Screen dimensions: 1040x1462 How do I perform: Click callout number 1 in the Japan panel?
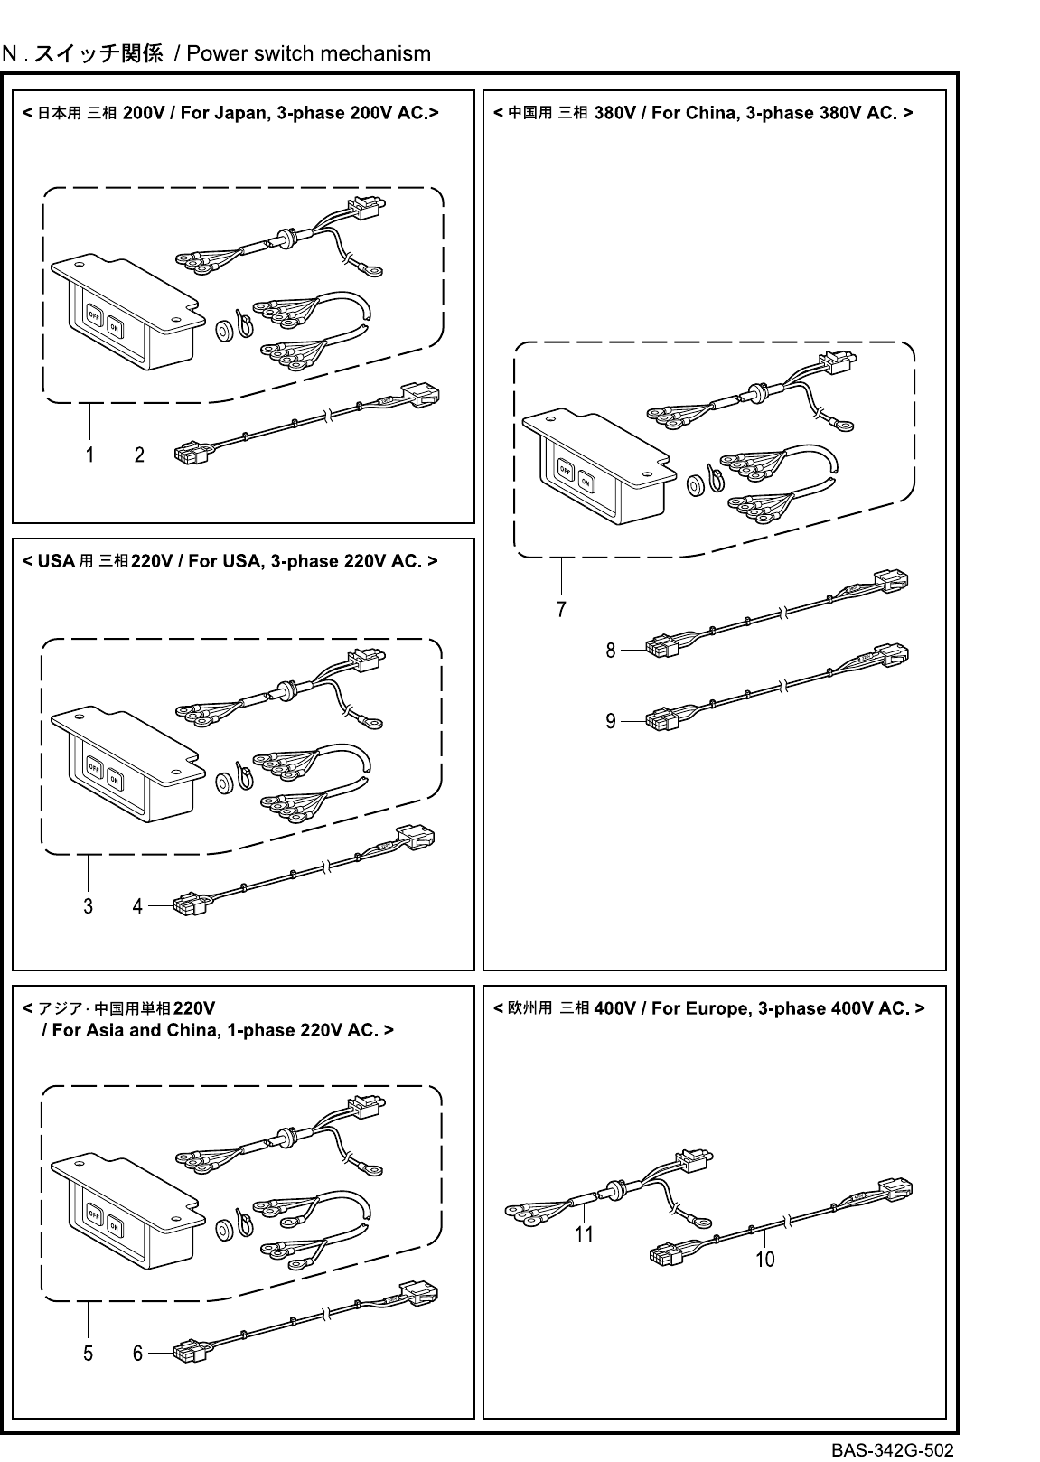(x=89, y=455)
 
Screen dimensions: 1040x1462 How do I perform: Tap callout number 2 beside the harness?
(x=139, y=455)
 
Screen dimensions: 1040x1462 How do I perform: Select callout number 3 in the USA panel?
(x=88, y=905)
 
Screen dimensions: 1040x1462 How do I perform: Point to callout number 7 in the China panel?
(x=561, y=610)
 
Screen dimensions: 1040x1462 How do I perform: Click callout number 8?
(x=611, y=650)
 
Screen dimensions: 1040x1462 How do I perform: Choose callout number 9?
(x=611, y=721)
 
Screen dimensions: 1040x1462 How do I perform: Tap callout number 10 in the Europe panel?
(x=764, y=1260)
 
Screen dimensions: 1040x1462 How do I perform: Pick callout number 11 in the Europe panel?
(x=584, y=1233)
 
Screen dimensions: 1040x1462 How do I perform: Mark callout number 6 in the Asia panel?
(x=137, y=1354)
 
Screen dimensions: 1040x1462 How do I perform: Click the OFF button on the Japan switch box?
(x=93, y=315)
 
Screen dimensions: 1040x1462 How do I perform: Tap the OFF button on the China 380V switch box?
(x=566, y=470)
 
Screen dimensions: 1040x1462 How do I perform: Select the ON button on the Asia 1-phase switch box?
(x=114, y=1227)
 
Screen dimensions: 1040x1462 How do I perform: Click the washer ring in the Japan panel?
(x=223, y=332)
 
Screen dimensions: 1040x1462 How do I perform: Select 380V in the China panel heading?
(x=616, y=113)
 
